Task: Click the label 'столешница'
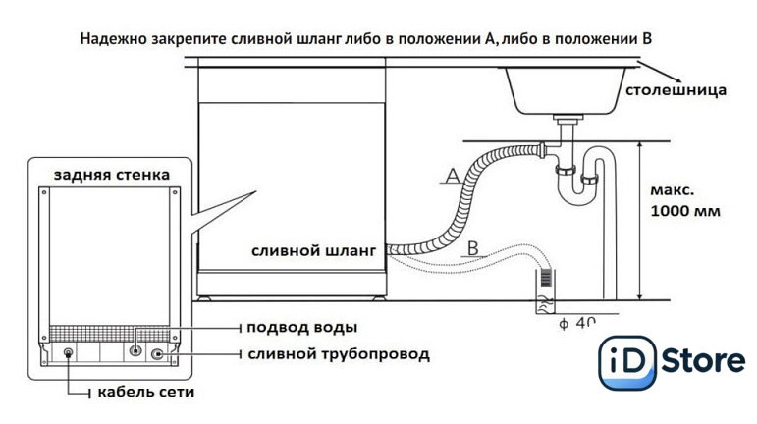click(x=676, y=91)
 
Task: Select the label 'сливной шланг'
click(x=313, y=250)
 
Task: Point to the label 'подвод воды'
click(x=301, y=327)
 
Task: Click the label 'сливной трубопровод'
click(x=338, y=353)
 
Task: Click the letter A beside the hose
click(x=452, y=176)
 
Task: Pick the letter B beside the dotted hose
click(x=472, y=247)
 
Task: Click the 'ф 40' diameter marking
click(x=575, y=322)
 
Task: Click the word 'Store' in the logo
click(x=701, y=362)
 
